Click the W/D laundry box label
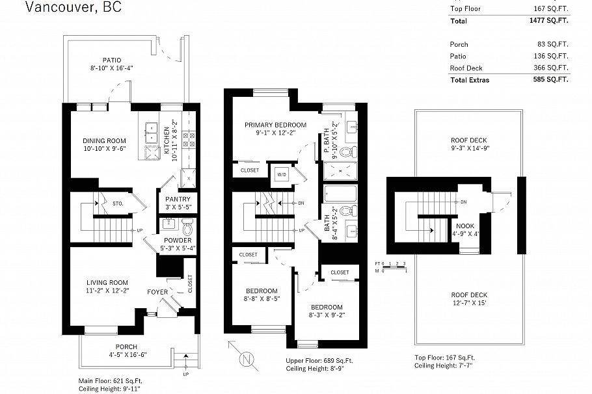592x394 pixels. click(x=282, y=174)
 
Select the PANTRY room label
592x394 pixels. click(x=178, y=199)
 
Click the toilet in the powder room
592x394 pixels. click(x=188, y=228)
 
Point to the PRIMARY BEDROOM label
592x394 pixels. click(x=275, y=125)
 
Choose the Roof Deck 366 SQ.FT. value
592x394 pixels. click(x=550, y=68)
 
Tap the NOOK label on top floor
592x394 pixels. click(x=465, y=226)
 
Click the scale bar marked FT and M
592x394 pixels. click(x=390, y=267)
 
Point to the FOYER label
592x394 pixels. click(x=157, y=292)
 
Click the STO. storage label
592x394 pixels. click(x=117, y=203)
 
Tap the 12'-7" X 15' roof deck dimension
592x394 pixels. click(x=469, y=303)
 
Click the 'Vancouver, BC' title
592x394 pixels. click(x=73, y=8)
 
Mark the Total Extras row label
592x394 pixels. click(x=469, y=80)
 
